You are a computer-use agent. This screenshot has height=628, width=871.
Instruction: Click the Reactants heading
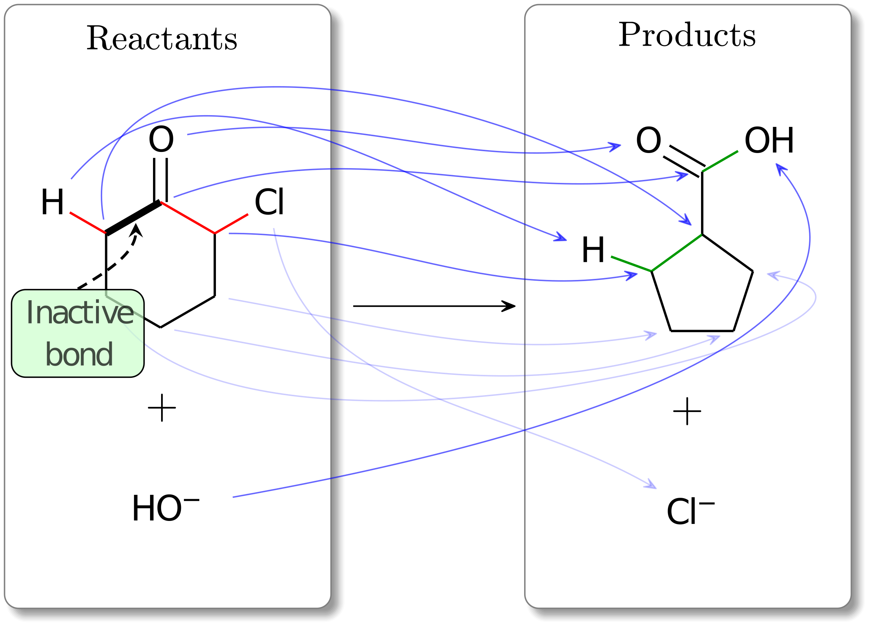click(162, 39)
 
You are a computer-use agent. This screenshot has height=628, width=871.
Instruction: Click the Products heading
click(687, 35)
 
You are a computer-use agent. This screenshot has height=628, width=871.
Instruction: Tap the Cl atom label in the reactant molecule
click(269, 202)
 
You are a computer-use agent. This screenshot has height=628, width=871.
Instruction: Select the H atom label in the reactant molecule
click(52, 202)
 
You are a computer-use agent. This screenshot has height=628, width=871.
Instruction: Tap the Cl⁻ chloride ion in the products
click(690, 512)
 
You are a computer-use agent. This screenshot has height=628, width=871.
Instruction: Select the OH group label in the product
click(769, 141)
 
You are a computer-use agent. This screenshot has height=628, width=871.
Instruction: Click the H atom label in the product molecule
click(593, 251)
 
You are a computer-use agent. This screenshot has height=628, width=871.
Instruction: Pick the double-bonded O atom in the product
click(648, 141)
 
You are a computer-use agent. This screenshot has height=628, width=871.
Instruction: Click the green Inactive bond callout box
click(78, 333)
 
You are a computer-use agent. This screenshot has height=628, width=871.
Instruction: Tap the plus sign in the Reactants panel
click(162, 408)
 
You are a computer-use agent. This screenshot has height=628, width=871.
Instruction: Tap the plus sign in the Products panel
click(687, 411)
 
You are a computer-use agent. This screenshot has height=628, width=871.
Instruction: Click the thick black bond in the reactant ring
click(133, 217)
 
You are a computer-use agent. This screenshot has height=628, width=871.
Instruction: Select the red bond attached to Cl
click(231, 224)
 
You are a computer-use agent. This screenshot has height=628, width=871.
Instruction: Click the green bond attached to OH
click(720, 161)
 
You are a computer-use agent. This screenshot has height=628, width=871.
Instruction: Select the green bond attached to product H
click(630, 264)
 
